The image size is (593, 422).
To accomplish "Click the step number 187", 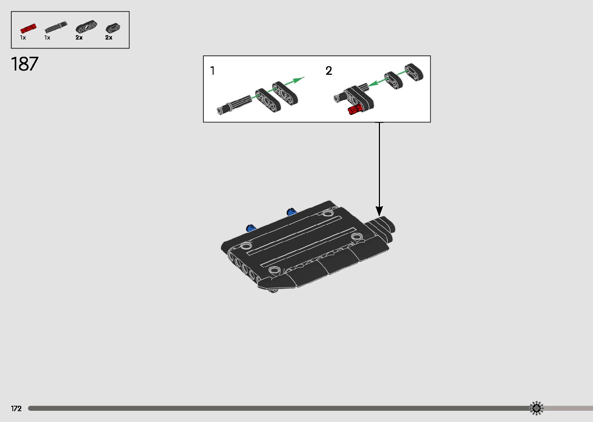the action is coord(25,64).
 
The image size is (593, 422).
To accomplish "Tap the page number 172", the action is coord(16,408).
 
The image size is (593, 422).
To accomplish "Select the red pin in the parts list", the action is coord(28,28).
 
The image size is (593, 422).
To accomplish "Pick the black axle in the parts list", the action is coord(56,28).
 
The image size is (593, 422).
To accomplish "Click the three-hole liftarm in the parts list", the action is coord(86,28).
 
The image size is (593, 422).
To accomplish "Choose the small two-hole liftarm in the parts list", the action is coord(113,28).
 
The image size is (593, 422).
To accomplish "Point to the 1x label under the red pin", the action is coord(23,38).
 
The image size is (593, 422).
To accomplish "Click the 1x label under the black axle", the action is coord(47,38).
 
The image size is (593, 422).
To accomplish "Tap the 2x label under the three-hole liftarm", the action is coord(79,38).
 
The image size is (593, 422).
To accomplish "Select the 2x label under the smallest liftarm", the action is coord(109,38).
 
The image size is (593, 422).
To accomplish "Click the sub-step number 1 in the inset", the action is coord(212,71).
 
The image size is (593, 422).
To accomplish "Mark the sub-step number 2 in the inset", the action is coord(329,71).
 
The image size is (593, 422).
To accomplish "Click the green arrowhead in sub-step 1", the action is coord(298,80).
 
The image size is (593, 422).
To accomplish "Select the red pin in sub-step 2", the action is coord(355,110).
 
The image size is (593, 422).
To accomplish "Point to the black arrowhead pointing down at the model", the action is coord(379,211).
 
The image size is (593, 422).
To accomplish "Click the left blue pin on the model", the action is coord(250,227).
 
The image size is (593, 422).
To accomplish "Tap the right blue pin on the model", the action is coord(291,212).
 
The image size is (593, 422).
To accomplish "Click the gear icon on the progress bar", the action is coord(536,408).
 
